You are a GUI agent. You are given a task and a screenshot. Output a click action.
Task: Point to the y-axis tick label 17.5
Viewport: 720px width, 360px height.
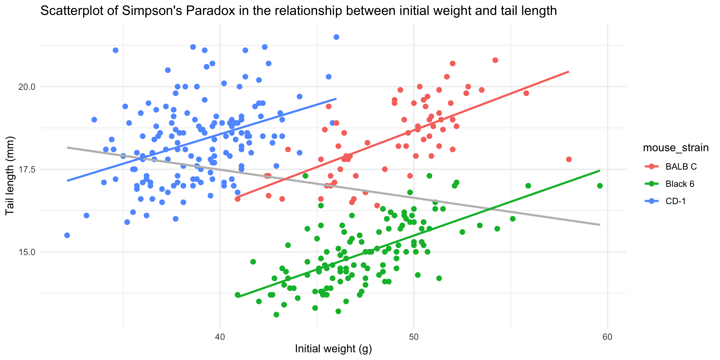[27, 169]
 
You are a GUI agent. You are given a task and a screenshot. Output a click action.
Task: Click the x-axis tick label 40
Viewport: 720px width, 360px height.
[220, 337]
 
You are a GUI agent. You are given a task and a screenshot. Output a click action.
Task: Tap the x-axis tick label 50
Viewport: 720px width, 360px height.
[414, 337]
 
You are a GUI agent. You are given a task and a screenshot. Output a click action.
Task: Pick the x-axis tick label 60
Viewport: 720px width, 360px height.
[607, 337]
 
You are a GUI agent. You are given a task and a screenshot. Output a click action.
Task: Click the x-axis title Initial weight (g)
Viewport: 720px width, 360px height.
[333, 349]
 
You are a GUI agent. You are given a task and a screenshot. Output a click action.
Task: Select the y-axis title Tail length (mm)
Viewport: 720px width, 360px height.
[10, 175]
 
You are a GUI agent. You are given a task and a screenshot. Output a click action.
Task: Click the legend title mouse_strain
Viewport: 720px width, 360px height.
[676, 148]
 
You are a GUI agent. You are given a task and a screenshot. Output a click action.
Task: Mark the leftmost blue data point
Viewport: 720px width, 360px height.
[67, 235]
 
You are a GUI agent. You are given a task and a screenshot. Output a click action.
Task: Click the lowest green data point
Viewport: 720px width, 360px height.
[276, 315]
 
